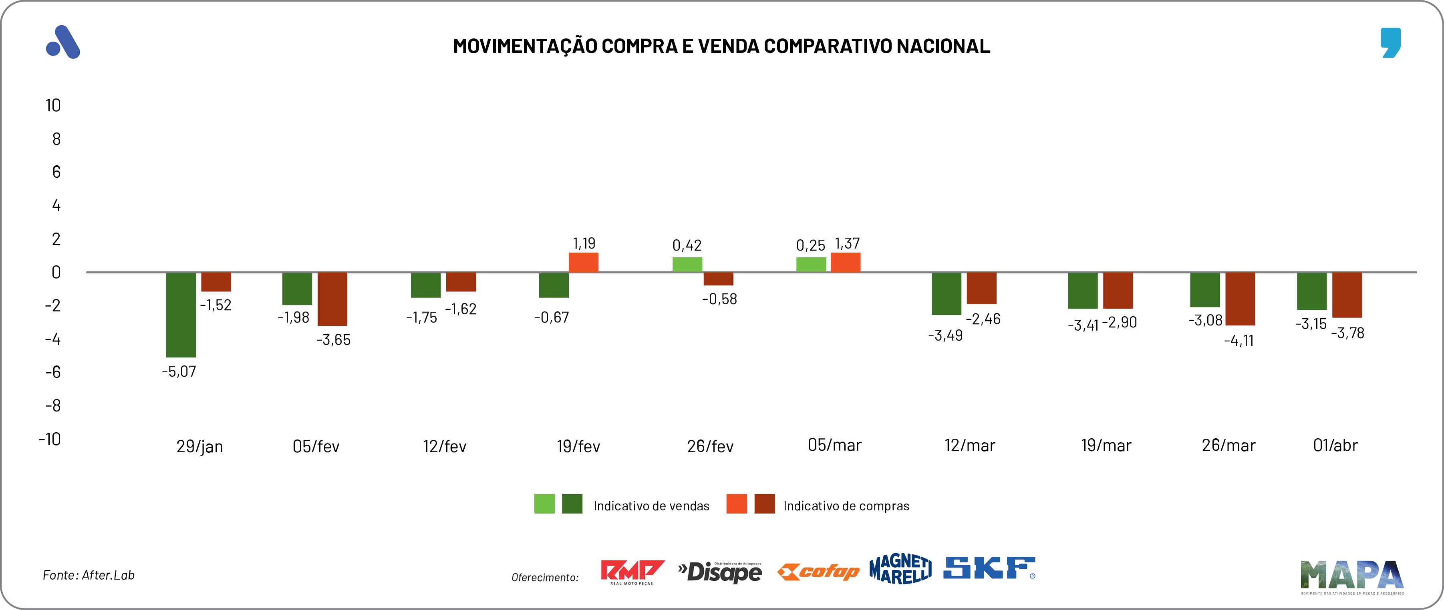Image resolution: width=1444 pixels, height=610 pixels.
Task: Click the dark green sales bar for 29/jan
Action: [181, 314]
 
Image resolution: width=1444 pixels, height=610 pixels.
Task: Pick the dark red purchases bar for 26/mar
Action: [1240, 299]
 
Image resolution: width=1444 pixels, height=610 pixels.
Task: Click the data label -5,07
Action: [179, 371]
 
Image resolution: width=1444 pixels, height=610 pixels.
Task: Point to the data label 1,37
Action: [847, 243]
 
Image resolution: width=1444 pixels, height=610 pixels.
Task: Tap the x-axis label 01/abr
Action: [1335, 445]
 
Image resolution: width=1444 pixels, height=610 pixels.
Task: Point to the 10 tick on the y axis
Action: [53, 105]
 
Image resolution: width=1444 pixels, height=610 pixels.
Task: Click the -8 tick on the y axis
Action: [53, 405]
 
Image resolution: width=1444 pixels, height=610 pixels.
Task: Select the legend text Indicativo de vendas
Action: [651, 506]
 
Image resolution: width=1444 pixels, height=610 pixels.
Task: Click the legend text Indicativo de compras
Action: [846, 506]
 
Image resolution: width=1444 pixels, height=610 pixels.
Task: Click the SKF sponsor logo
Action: [989, 568]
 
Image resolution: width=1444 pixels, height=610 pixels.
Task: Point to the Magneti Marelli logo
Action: [900, 569]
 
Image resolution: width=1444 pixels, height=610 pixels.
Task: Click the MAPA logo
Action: [1351, 575]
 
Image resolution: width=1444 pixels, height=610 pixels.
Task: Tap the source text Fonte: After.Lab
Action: [89, 575]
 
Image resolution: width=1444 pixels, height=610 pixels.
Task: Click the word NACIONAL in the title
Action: [943, 46]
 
